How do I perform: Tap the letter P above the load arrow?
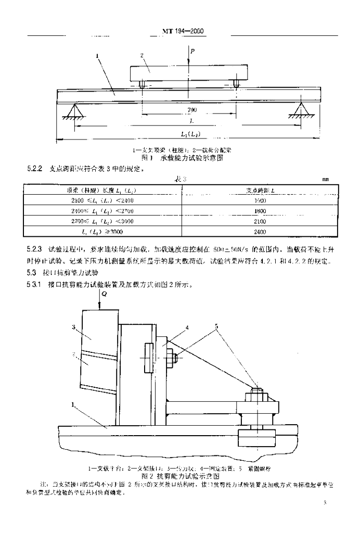click(192, 51)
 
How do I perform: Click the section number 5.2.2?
click(34, 169)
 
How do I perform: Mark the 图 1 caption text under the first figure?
click(178, 157)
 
